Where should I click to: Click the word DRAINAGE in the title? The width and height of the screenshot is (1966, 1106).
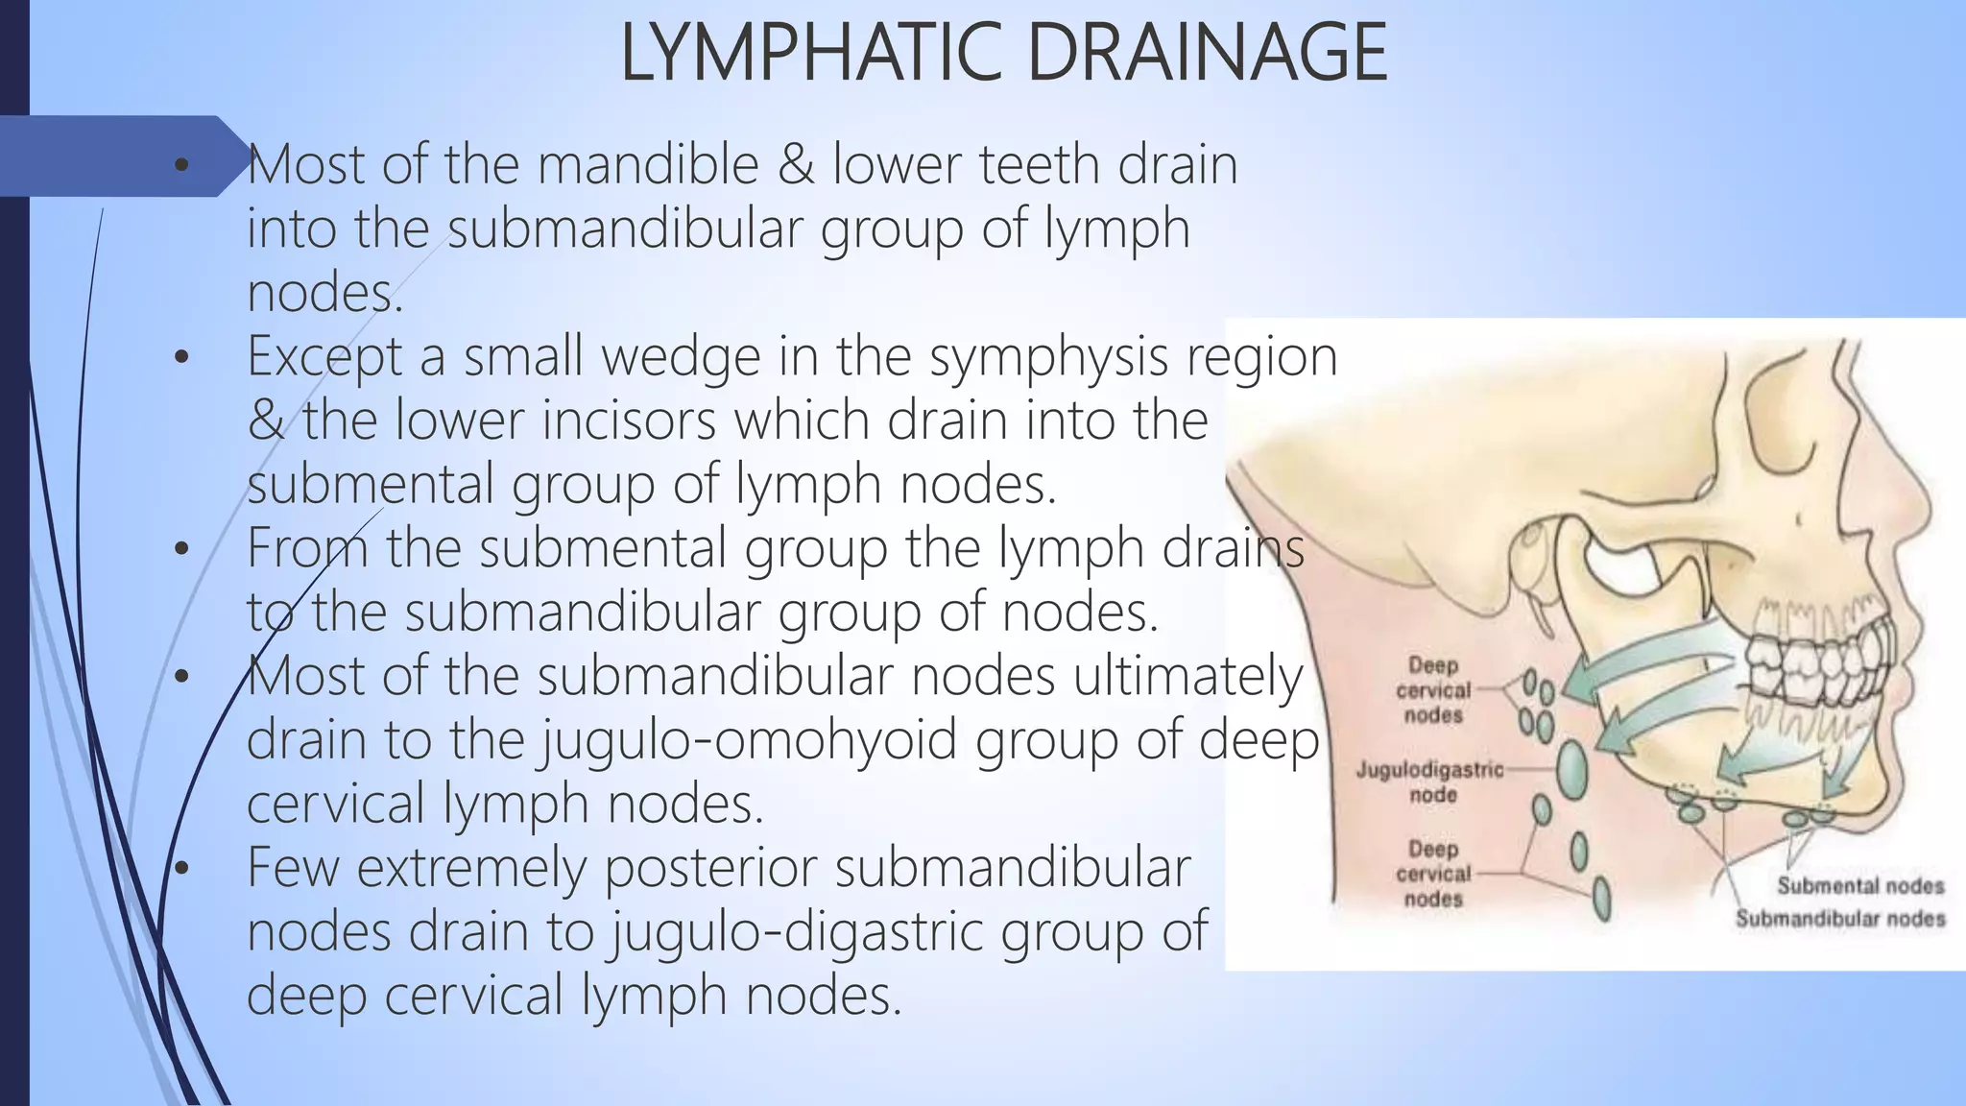pyautogui.click(x=1207, y=54)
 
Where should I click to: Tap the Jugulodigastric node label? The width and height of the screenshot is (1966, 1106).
pyautogui.click(x=1430, y=781)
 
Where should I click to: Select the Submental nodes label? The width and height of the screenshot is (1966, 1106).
pyautogui.click(x=1860, y=886)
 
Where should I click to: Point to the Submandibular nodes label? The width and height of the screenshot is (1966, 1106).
pyautogui.click(x=1840, y=919)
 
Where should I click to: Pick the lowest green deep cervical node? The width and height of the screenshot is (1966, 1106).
pyautogui.click(x=1601, y=897)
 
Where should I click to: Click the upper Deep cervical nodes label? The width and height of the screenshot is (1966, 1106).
pyautogui.click(x=1433, y=690)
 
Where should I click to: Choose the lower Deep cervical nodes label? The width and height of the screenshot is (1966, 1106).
pyautogui.click(x=1433, y=874)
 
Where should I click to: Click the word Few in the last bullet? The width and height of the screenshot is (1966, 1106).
pyautogui.click(x=294, y=868)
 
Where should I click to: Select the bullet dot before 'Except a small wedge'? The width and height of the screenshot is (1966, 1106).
pyautogui.click(x=182, y=358)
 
